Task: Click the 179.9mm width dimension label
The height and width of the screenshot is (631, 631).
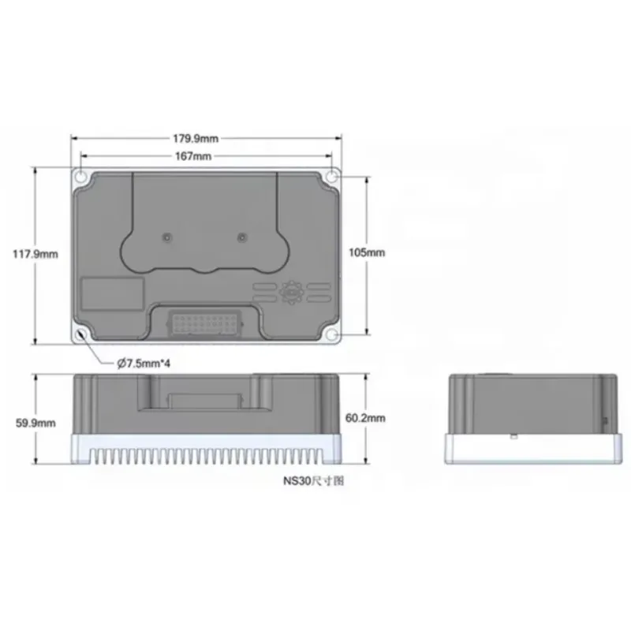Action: (196, 139)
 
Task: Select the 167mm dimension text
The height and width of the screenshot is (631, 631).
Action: (193, 156)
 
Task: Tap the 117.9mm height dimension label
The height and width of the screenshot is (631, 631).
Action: (35, 254)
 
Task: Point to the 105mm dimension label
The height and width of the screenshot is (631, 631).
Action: (367, 252)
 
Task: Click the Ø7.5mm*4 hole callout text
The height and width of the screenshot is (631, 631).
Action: (144, 364)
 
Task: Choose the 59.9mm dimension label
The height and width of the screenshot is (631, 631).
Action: (35, 424)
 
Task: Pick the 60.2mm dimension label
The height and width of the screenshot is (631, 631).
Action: (365, 418)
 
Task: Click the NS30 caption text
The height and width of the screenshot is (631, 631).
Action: (314, 481)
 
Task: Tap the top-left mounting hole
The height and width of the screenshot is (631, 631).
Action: (81, 177)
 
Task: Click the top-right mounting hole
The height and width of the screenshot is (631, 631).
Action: (331, 177)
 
